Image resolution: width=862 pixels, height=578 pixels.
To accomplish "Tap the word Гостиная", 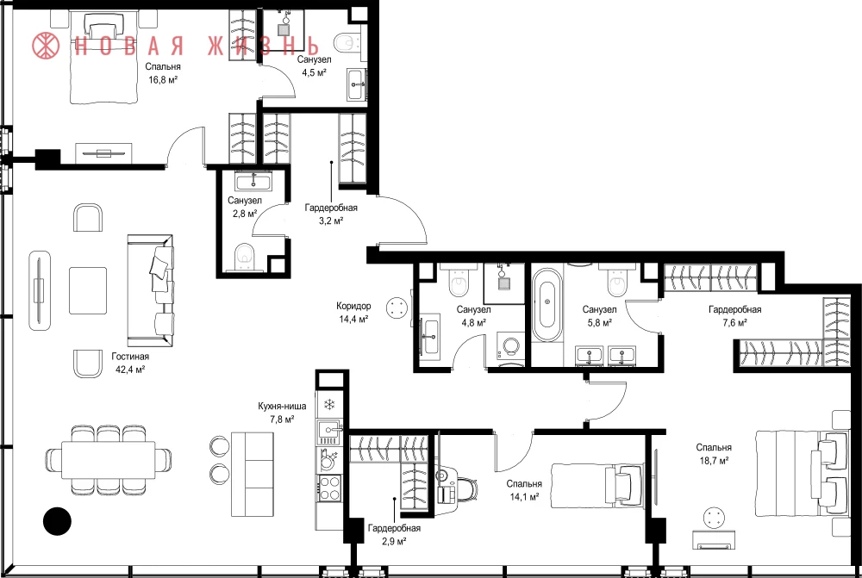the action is [x=130, y=357].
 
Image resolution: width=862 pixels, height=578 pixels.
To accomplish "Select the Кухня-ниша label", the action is [x=282, y=407].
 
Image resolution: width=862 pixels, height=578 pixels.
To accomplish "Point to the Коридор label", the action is [x=353, y=306].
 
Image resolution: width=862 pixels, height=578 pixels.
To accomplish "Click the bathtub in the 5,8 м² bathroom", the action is [x=547, y=305].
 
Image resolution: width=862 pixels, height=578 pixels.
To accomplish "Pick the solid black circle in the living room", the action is [x=57, y=520].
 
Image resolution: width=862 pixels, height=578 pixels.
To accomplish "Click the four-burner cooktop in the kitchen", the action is [x=329, y=488].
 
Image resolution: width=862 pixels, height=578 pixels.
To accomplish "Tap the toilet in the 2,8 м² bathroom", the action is [x=244, y=258].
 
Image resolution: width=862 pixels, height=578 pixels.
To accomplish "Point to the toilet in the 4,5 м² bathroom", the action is [x=347, y=42].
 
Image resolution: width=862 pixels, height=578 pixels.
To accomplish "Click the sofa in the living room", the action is [x=150, y=290].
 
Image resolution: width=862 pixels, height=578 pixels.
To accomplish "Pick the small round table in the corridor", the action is [x=397, y=308].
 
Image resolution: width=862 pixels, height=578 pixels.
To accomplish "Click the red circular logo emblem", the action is [x=46, y=45].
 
